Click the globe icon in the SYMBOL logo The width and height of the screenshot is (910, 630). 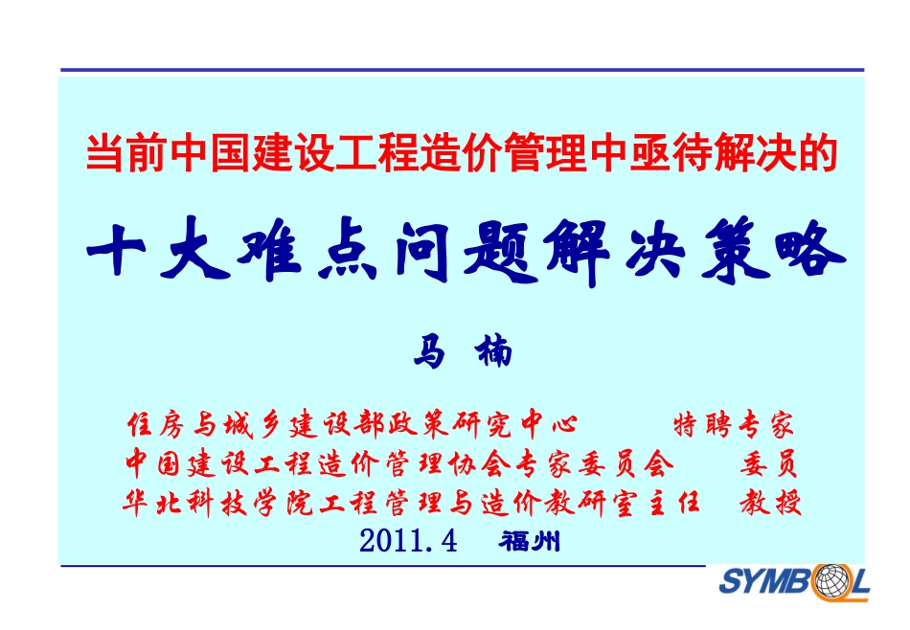click(x=823, y=581)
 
